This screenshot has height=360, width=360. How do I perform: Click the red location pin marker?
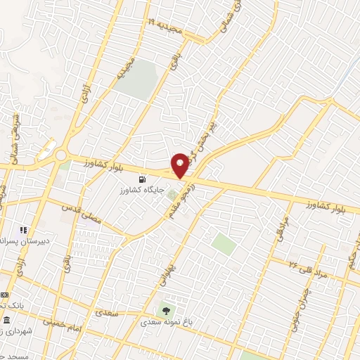[180, 165]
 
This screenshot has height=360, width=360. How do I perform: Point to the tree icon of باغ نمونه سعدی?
[166, 309]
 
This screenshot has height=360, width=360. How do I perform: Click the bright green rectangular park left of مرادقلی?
[224, 244]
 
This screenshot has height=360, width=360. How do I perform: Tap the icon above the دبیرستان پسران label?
[22, 229]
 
